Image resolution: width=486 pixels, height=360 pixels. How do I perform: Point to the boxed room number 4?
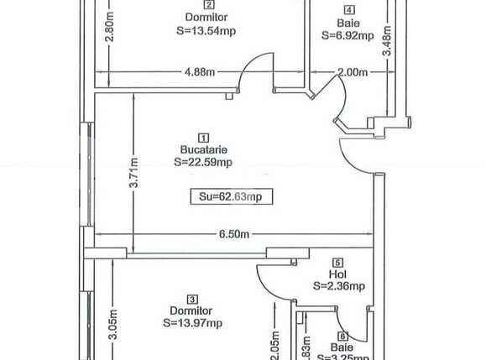(x=348, y=10)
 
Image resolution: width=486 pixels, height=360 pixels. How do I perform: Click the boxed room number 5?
(x=338, y=262)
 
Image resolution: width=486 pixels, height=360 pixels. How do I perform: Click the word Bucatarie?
(x=202, y=150)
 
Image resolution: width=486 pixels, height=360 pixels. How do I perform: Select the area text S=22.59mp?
(x=202, y=163)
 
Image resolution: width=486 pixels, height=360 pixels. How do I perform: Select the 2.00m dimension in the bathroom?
(x=352, y=73)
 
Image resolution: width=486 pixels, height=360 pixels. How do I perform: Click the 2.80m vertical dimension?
(x=108, y=29)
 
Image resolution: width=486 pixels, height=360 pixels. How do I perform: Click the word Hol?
(x=338, y=274)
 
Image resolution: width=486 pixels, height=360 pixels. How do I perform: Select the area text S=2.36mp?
(x=338, y=286)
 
